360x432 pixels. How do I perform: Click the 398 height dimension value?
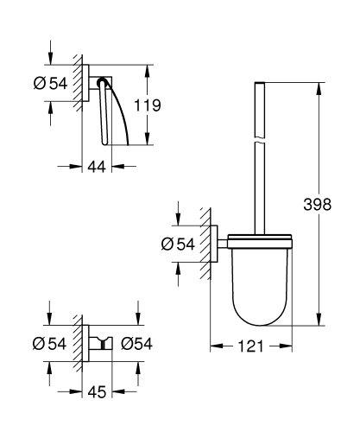pos(341,206)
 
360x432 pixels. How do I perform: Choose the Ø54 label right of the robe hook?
pos(136,343)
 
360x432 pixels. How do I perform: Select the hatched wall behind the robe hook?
pos(80,344)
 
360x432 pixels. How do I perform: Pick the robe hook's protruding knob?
pos(105,344)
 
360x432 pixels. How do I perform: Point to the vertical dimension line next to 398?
pos(319,259)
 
